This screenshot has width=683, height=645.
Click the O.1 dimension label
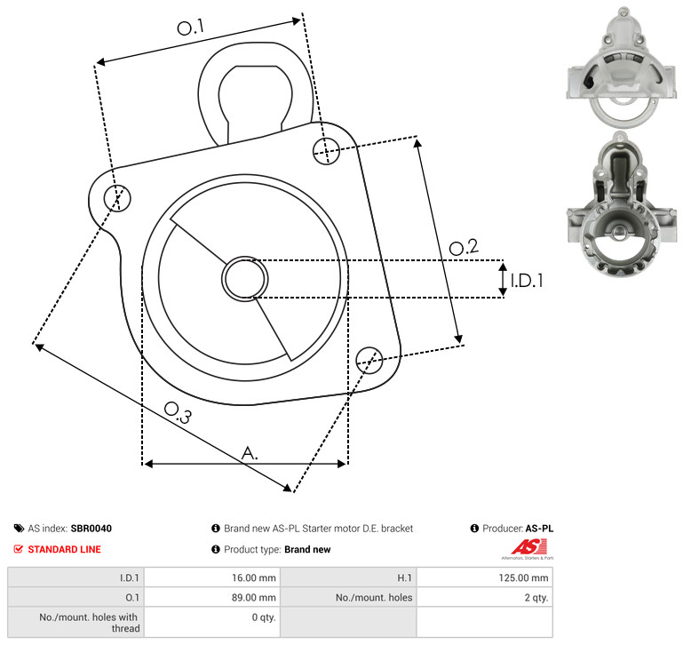click(x=191, y=27)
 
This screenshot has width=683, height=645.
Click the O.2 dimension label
click(x=464, y=247)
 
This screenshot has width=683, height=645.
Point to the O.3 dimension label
click(x=178, y=412)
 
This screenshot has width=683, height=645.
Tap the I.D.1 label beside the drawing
click(x=527, y=281)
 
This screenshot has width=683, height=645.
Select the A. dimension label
click(x=250, y=453)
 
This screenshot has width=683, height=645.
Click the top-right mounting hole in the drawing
click(x=326, y=151)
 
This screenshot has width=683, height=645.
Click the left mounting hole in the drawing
click(x=117, y=198)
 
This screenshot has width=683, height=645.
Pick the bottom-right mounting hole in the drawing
click(x=369, y=360)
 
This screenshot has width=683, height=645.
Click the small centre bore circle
click(x=245, y=278)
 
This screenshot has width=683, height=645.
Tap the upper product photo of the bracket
click(x=622, y=68)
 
